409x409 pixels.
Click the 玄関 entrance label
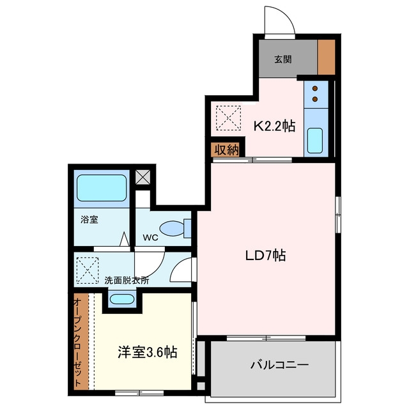pyautogui.click(x=282, y=59)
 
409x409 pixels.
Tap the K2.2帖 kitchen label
pyautogui.click(x=275, y=127)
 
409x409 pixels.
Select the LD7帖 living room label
pyautogui.click(x=266, y=256)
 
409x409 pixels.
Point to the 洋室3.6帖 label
pyautogui.click(x=148, y=352)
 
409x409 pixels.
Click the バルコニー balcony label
pyautogui.click(x=279, y=365)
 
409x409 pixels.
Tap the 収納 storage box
pyautogui.click(x=226, y=150)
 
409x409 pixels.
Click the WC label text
pyautogui.click(x=151, y=238)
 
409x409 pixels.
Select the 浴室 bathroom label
pyautogui.click(x=89, y=220)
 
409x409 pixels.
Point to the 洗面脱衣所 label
pyautogui.click(x=127, y=281)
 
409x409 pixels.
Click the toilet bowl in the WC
pyautogui.click(x=172, y=229)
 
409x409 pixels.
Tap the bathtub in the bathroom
pyautogui.click(x=102, y=188)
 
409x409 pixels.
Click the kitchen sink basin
pyautogui.click(x=314, y=141)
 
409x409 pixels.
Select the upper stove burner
pyautogui.click(x=315, y=88)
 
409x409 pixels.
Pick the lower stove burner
pyautogui.click(x=315, y=99)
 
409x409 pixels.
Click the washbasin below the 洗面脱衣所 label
pyautogui.click(x=122, y=299)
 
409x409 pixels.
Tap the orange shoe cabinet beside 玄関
pyautogui.click(x=326, y=58)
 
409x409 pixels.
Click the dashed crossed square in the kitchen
pyautogui.click(x=229, y=118)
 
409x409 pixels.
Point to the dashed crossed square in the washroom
pyautogui.click(x=88, y=270)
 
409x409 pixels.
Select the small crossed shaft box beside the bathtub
pyautogui.click(x=143, y=177)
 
